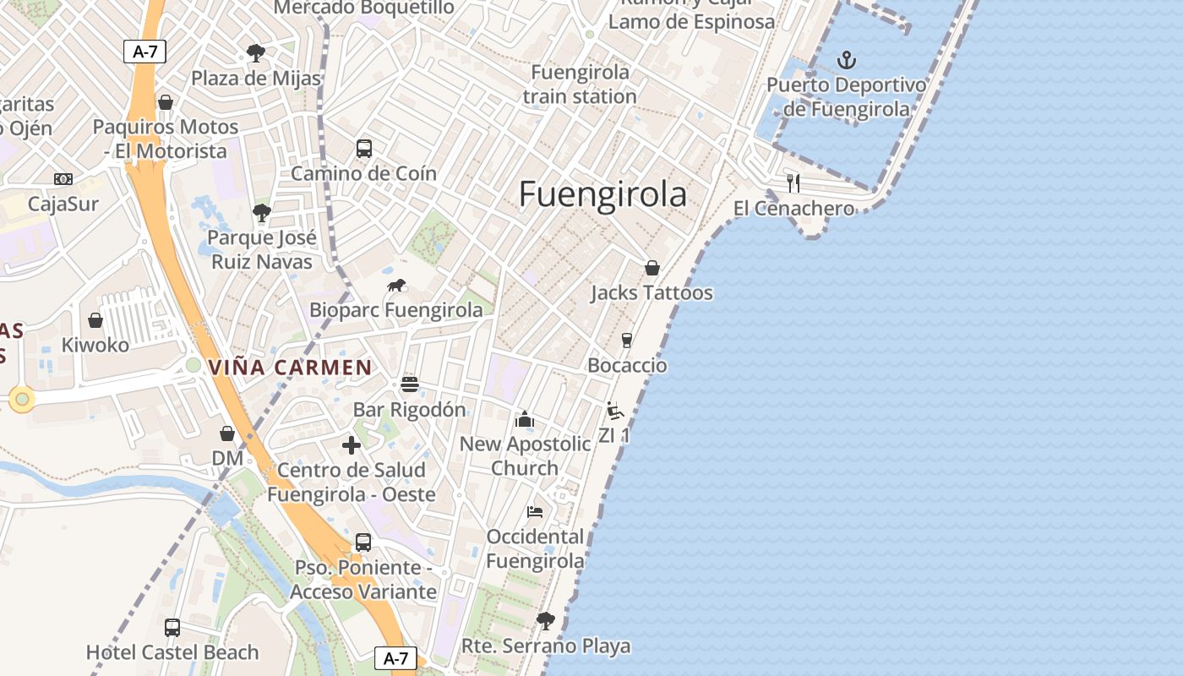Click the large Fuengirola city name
[602, 194]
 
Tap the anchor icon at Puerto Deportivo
[846, 60]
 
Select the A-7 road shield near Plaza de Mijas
[145, 52]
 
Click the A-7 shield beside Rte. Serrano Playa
[395, 658]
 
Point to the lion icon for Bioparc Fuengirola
[396, 286]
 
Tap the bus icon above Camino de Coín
[363, 149]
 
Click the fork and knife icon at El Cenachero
[793, 183]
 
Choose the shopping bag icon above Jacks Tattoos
[651, 268]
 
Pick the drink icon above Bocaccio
[626, 340]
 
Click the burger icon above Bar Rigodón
[410, 384]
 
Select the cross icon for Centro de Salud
[352, 445]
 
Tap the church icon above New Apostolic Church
[525, 418]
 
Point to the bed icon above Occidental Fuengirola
[535, 511]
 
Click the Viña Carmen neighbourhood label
[290, 368]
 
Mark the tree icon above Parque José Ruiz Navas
[262, 212]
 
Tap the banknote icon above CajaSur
[63, 179]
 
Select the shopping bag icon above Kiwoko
[95, 320]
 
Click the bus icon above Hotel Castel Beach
[172, 627]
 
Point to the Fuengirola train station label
[580, 84]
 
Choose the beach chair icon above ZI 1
[615, 411]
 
